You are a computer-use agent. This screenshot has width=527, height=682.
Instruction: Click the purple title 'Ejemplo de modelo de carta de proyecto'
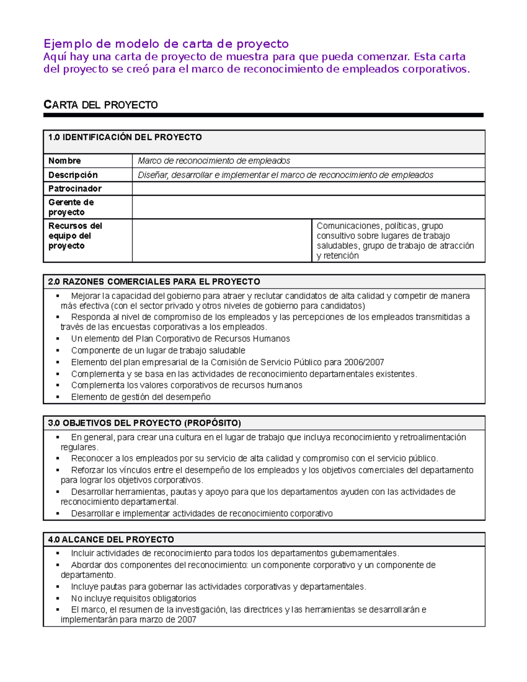tap(166, 44)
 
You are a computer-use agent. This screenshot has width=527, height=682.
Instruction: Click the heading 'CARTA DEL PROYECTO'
tap(101, 105)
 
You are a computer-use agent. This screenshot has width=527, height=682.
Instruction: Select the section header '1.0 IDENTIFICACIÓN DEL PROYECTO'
tap(125, 137)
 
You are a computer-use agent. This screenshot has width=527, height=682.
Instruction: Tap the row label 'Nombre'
tap(65, 161)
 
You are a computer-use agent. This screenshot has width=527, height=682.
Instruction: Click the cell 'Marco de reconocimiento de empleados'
tap(214, 161)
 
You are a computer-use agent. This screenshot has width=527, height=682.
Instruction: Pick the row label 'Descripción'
tap(73, 175)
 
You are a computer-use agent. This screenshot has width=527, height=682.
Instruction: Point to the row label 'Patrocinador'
tap(75, 189)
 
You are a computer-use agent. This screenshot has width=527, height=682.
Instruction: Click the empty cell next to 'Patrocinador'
tap(308, 189)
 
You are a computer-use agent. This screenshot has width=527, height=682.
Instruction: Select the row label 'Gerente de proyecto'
tap(71, 207)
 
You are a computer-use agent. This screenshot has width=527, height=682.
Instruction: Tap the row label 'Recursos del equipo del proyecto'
tap(75, 236)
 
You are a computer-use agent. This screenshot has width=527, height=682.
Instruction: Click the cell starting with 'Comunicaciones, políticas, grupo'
tap(395, 241)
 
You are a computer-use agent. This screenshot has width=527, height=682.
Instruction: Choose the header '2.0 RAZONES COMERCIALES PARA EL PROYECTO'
tap(154, 281)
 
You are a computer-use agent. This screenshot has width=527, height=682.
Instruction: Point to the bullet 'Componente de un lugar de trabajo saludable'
tap(158, 350)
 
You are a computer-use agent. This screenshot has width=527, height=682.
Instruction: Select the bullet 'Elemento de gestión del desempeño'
tap(141, 397)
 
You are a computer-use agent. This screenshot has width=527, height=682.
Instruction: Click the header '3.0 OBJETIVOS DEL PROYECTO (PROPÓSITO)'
tap(144, 423)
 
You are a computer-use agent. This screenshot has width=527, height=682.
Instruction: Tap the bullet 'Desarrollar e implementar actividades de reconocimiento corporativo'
tap(202, 513)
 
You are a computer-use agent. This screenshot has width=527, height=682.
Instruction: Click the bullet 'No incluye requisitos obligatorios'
tap(134, 598)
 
